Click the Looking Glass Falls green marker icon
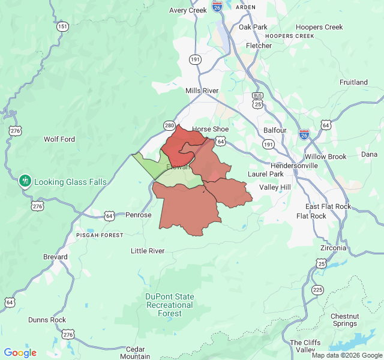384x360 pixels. click(x=25, y=180)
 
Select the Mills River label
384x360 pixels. click(x=202, y=91)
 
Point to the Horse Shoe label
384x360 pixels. click(x=210, y=129)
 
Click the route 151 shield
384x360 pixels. click(x=62, y=26)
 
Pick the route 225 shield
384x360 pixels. click(x=317, y=290)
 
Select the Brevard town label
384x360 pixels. click(x=55, y=256)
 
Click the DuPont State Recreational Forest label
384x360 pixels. click(x=169, y=305)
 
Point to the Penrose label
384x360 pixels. click(x=139, y=215)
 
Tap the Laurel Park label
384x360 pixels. click(x=265, y=174)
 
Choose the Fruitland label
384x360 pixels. click(x=353, y=82)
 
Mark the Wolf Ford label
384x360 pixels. click(x=59, y=139)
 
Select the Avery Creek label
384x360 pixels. click(x=188, y=10)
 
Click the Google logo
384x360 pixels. click(x=20, y=353)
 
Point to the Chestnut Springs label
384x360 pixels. click(x=345, y=320)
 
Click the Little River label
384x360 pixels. click(x=148, y=251)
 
